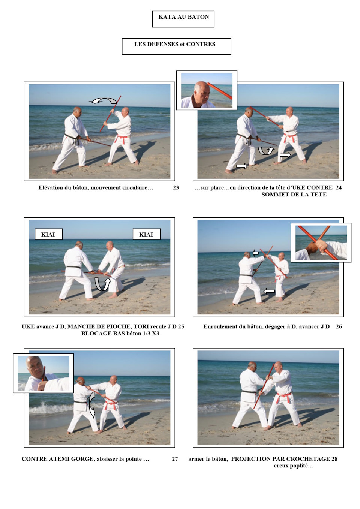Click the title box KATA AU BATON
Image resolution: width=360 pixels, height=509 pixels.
pyautogui.click(x=183, y=19)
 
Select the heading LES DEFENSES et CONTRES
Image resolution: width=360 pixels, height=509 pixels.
pyautogui.click(x=177, y=46)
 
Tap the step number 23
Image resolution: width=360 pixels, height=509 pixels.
pyautogui.click(x=175, y=188)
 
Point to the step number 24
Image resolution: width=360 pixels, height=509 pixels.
pyautogui.click(x=339, y=188)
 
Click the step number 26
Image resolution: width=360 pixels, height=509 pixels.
pyautogui.click(x=339, y=327)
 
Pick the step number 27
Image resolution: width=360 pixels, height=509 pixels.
pyautogui.click(x=175, y=459)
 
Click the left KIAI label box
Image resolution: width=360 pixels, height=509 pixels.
pyautogui.click(x=48, y=234)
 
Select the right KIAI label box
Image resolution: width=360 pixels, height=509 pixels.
pyautogui.click(x=146, y=234)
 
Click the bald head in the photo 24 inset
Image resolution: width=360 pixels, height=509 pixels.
pyautogui.click(x=202, y=91)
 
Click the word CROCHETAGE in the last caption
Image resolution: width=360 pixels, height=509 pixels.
pyautogui.click(x=307, y=459)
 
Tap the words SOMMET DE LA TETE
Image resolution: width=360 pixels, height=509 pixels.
pyautogui.click(x=294, y=195)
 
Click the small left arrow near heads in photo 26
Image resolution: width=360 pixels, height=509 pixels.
pyautogui.click(x=255, y=253)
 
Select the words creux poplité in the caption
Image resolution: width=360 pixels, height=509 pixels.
pyautogui.click(x=294, y=466)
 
